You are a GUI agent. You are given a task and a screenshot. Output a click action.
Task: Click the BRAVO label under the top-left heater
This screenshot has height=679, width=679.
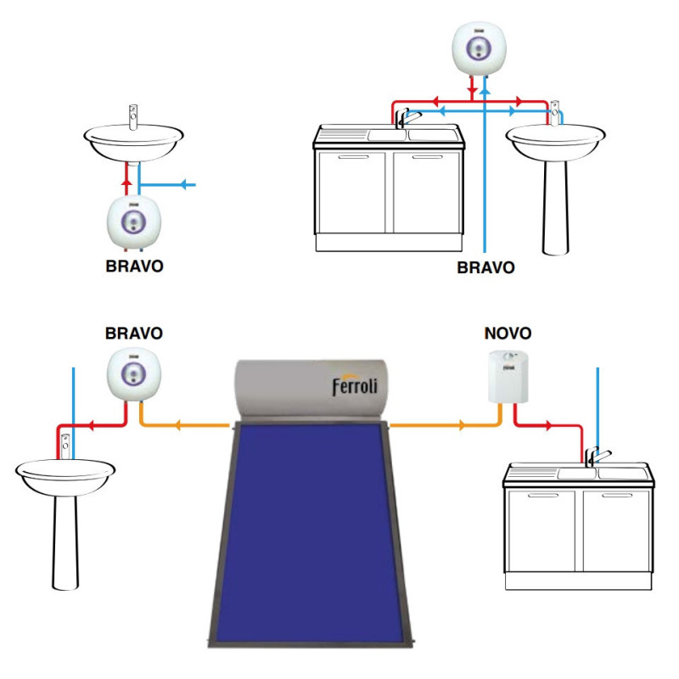click(x=134, y=266)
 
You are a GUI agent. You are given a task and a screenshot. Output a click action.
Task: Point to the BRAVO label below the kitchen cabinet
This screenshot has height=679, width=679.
click(x=485, y=267)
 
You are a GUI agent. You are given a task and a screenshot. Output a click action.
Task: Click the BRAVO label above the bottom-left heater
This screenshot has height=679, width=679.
click(x=134, y=333)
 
